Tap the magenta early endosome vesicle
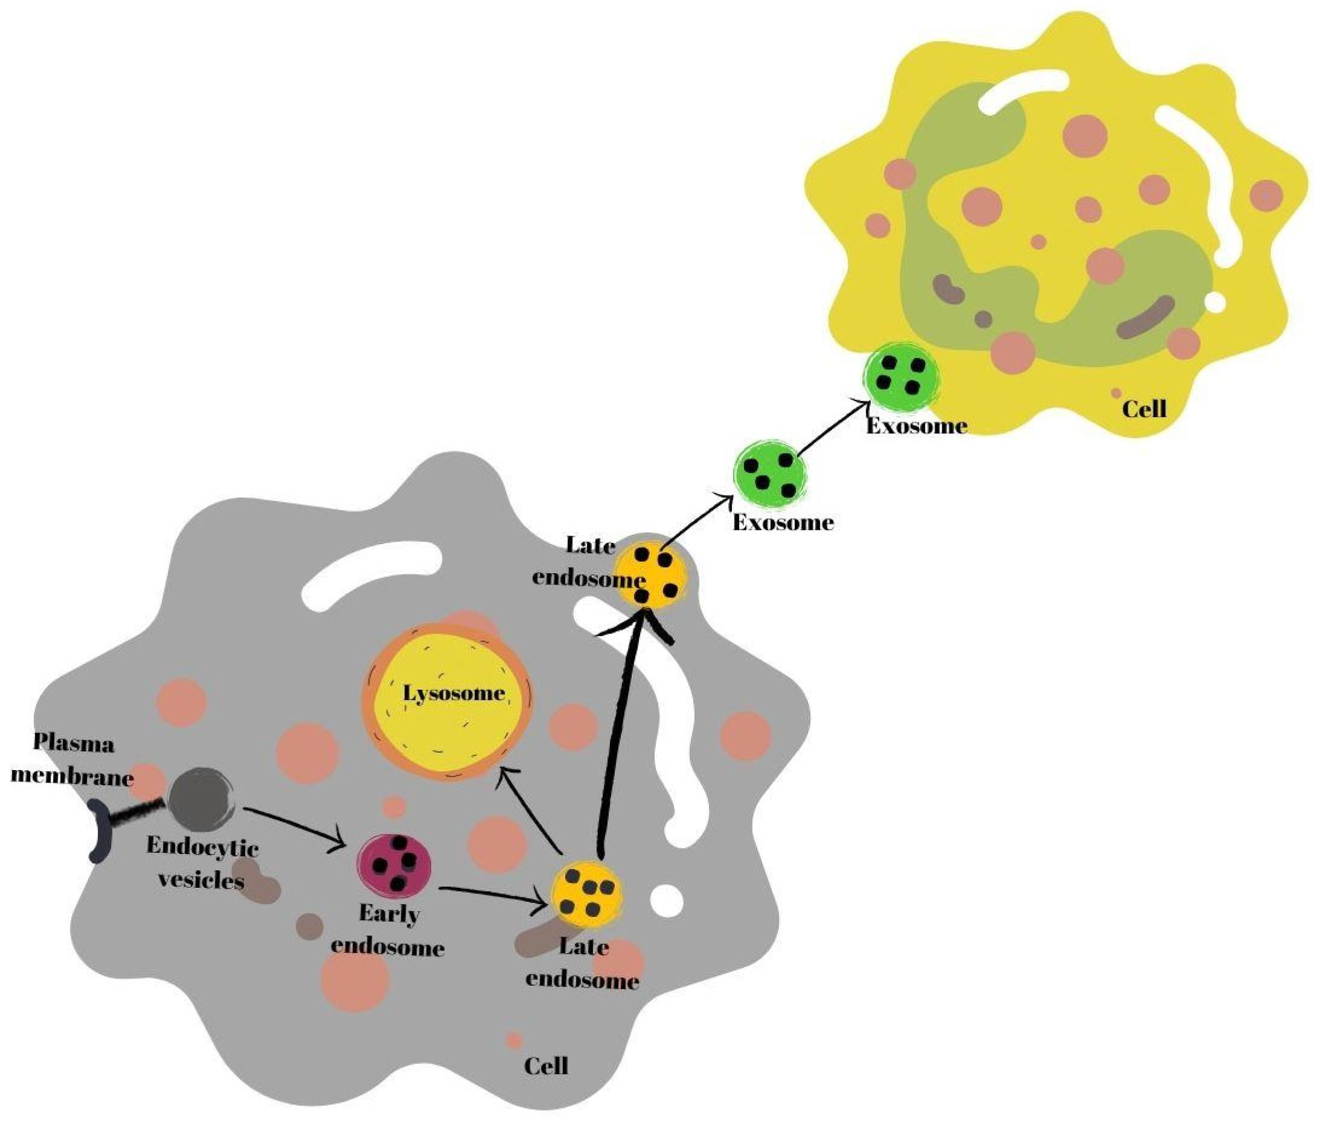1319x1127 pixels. (394, 864)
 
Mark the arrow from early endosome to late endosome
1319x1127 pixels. (494, 895)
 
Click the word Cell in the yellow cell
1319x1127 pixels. (1144, 409)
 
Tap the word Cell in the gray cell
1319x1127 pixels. (546, 1067)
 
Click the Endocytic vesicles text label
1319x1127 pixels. (202, 864)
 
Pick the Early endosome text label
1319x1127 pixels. (389, 931)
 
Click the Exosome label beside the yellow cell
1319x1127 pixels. (917, 426)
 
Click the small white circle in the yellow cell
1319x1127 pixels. (1215, 302)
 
